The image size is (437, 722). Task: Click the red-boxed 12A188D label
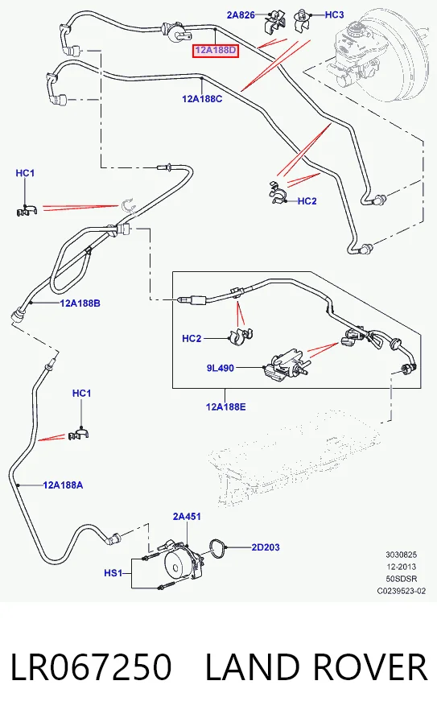[216, 50]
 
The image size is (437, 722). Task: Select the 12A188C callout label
[202, 98]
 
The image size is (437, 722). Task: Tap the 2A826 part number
[241, 14]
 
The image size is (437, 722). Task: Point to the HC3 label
[334, 14]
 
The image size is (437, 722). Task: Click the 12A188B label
[80, 303]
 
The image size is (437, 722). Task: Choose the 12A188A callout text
[63, 485]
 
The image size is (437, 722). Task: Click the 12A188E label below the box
[225, 406]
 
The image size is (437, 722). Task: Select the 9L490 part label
[221, 368]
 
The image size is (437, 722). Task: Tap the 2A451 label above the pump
[187, 516]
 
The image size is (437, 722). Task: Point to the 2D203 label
[266, 547]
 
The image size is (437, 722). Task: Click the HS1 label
[113, 573]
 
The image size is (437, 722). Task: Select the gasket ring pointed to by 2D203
[216, 548]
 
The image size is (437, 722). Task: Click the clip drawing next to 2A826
[275, 23]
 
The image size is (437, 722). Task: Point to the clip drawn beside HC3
[302, 20]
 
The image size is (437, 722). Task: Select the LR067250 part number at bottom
[91, 666]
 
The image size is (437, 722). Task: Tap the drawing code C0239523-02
[402, 591]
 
